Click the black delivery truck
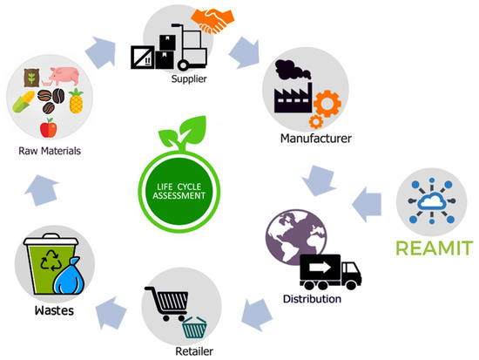tap(331, 271)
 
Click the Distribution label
tap(312, 300)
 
